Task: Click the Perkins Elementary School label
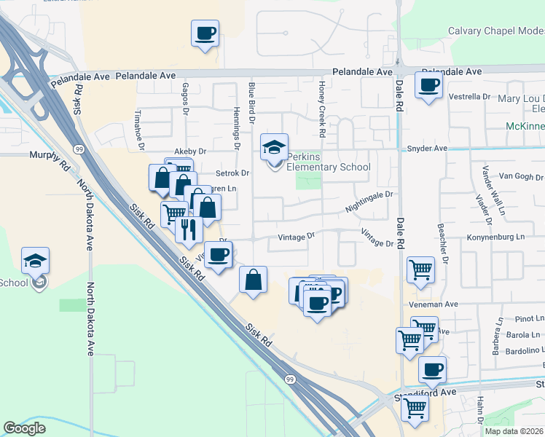328,162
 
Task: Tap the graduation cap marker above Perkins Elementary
275,148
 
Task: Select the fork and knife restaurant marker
189,229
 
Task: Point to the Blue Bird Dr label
251,101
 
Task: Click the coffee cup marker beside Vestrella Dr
428,85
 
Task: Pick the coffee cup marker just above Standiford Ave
432,369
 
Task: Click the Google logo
24,428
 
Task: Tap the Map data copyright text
514,431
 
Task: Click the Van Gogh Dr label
520,177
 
